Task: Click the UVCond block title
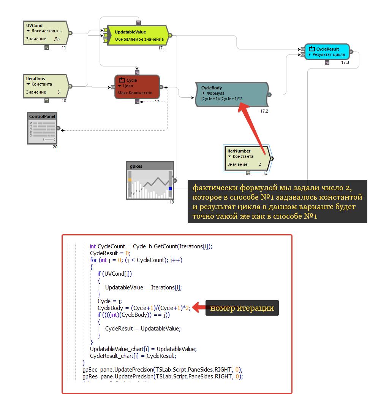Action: tap(35, 25)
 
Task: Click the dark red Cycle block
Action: tap(137, 87)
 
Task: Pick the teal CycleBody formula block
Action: tap(232, 94)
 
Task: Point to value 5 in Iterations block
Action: tap(58, 92)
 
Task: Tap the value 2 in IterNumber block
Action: tap(260, 164)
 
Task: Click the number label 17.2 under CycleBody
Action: tap(264, 111)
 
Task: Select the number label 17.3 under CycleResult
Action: tap(345, 62)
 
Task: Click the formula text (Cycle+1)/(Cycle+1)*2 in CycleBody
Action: tap(222, 98)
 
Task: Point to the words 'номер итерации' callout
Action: tap(242, 308)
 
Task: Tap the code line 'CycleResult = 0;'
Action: tap(110, 253)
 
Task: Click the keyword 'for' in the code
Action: tap(93, 260)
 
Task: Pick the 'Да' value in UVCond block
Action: tap(57, 39)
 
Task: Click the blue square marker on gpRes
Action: tap(170, 188)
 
